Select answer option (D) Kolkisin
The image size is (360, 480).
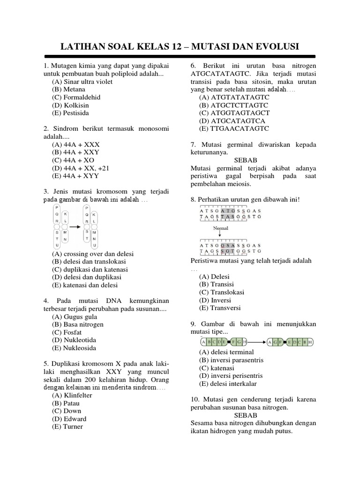click(70, 105)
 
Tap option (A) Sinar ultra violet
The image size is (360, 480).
click(82, 82)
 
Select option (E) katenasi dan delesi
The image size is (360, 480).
click(85, 285)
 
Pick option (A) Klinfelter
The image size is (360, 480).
click(72, 395)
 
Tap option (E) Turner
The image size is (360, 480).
click(68, 427)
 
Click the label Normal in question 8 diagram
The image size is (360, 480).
click(221, 228)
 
